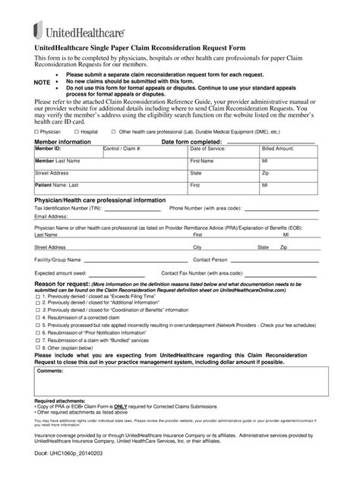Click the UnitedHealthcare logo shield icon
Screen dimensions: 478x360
pos(38,30)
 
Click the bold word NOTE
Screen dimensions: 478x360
pos(43,81)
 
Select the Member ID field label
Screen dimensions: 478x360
pos(47,149)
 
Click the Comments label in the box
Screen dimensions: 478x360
pos(50,371)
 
